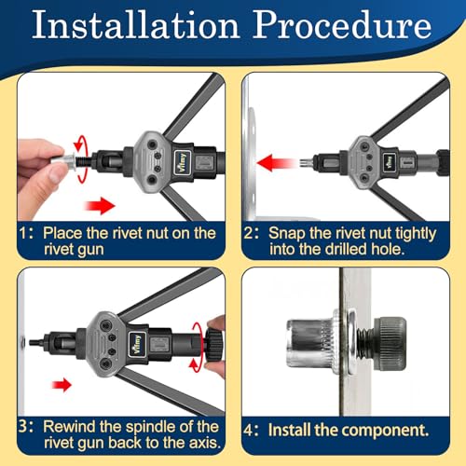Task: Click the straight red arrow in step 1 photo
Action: (98, 203)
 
